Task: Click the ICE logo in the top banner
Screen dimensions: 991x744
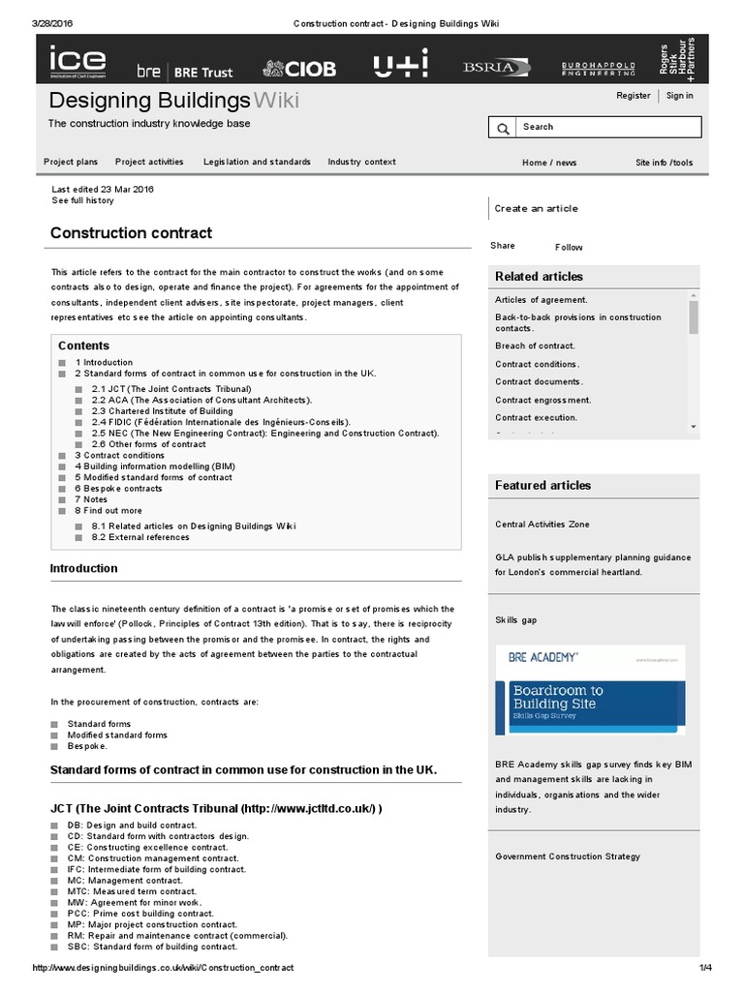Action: (x=78, y=62)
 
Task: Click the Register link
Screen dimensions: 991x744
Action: (x=634, y=96)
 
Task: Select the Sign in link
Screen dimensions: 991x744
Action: (x=679, y=96)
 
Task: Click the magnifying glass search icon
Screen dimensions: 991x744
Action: (x=503, y=129)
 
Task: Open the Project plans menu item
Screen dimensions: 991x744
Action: (x=71, y=163)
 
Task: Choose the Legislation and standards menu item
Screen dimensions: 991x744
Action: (x=257, y=163)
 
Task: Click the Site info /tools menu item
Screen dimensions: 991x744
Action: (x=664, y=163)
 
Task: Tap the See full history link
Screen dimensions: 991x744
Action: (x=82, y=200)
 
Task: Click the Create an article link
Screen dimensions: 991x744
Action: (x=536, y=208)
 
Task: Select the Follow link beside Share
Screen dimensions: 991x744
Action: (x=569, y=248)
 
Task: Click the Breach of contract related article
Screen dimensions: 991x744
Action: (x=535, y=345)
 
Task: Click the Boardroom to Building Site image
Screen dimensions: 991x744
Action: (x=563, y=691)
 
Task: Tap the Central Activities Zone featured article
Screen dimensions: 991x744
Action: (x=542, y=525)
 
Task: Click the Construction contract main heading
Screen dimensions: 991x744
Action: (x=131, y=233)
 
